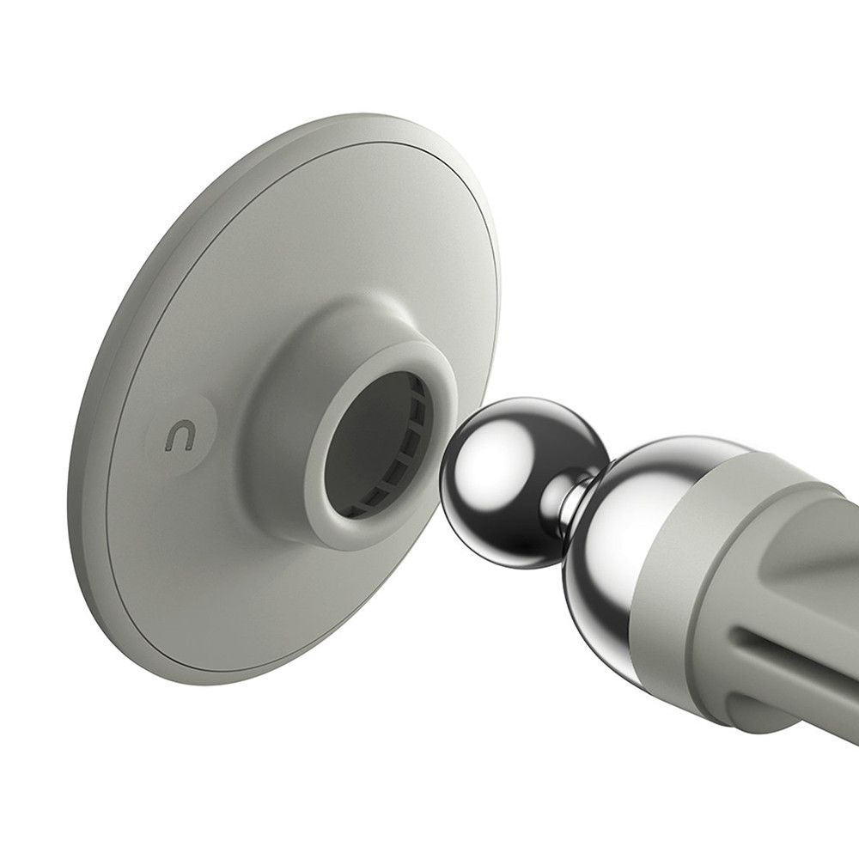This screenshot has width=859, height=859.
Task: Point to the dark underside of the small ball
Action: tap(515, 550)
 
